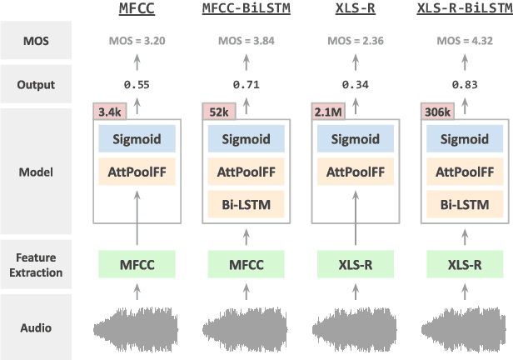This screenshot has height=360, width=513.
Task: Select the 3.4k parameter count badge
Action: pyautogui.click(x=108, y=111)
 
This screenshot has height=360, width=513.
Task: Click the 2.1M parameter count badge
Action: pyautogui.click(x=325, y=111)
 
